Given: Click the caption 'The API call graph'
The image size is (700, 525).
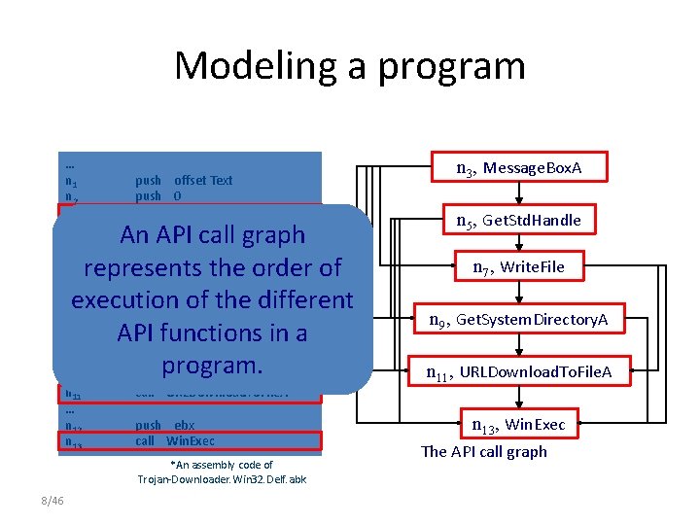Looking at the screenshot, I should pos(484,451).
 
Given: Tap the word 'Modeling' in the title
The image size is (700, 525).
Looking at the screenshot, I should pos(254,66).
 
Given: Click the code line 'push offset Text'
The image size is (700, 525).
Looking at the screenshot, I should pos(184,180).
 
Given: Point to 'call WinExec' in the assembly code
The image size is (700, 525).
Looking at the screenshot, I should pos(175,440).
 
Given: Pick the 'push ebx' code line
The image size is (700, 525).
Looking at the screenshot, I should pos(165,426).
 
